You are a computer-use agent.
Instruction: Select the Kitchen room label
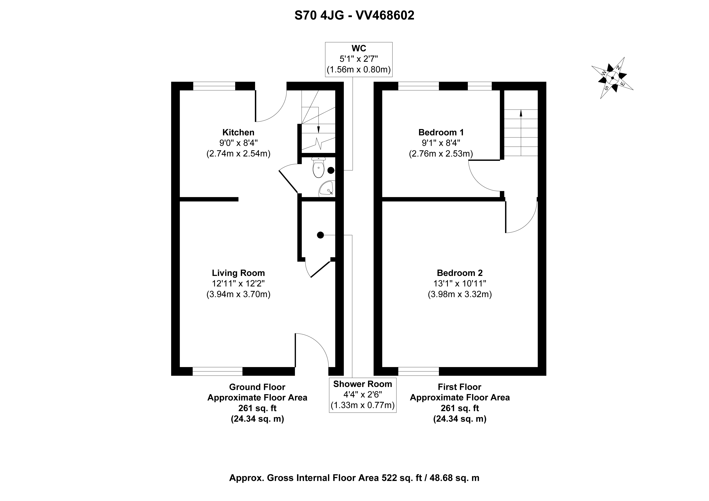point(238,133)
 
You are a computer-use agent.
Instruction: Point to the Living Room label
point(238,273)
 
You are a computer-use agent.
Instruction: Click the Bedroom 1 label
point(441,133)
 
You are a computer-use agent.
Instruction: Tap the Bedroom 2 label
point(460,273)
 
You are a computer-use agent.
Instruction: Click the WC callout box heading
point(359,49)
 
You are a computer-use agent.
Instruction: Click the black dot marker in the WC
point(331,170)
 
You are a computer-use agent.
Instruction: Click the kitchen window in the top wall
point(214,86)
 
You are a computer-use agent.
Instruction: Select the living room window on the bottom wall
point(218,371)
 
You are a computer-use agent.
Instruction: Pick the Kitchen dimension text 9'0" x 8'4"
point(238,143)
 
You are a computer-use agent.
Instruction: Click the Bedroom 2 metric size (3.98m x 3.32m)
point(460,294)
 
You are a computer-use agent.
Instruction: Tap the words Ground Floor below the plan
point(257,387)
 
